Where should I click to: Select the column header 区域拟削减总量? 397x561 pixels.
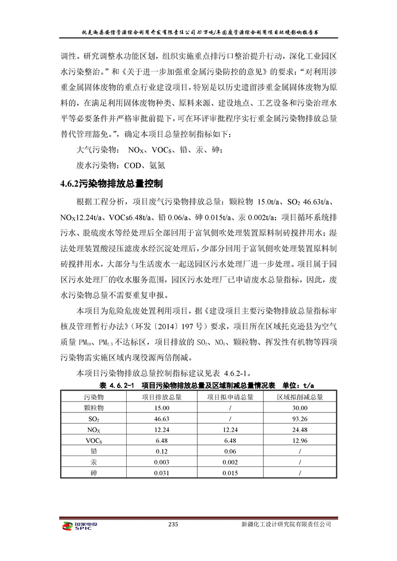point(299,397)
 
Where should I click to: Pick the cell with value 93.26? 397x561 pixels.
point(299,418)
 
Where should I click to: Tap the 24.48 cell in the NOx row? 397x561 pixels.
point(299,429)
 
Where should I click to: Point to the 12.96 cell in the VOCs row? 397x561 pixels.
point(299,440)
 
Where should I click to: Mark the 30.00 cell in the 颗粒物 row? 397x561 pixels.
point(299,408)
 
